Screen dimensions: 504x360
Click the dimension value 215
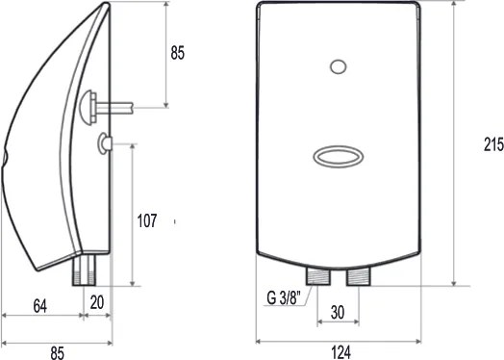click(x=494, y=144)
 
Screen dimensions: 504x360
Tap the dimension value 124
click(x=341, y=352)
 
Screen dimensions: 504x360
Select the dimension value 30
click(x=338, y=312)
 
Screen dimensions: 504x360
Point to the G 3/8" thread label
click(x=284, y=297)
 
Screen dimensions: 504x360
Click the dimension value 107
click(x=147, y=221)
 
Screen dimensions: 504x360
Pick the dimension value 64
click(x=40, y=306)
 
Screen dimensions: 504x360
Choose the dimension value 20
click(x=97, y=302)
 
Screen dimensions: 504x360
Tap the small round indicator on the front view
click(x=339, y=67)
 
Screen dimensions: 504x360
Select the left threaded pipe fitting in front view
click(x=318, y=277)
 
